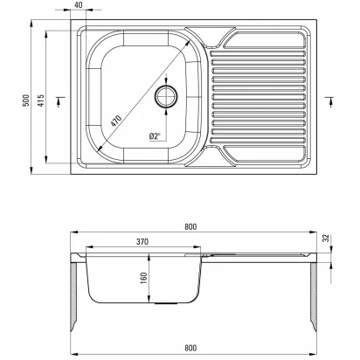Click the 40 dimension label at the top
pos(79,5)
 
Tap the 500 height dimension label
pos(26,100)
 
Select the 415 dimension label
pos(41,100)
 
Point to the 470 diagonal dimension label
pos(115,121)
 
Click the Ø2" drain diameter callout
pos(155,136)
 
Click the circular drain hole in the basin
pos(166,96)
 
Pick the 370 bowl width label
pos(142,241)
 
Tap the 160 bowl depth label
pos(144,278)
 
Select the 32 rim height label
pos(326,238)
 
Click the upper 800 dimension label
pos(190,226)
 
